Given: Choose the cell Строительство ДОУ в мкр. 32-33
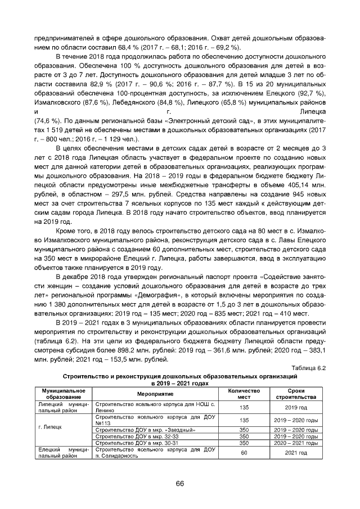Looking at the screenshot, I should pyautogui.click(x=138, y=436).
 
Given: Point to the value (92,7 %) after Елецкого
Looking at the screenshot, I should pyautogui.click(x=312, y=93).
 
